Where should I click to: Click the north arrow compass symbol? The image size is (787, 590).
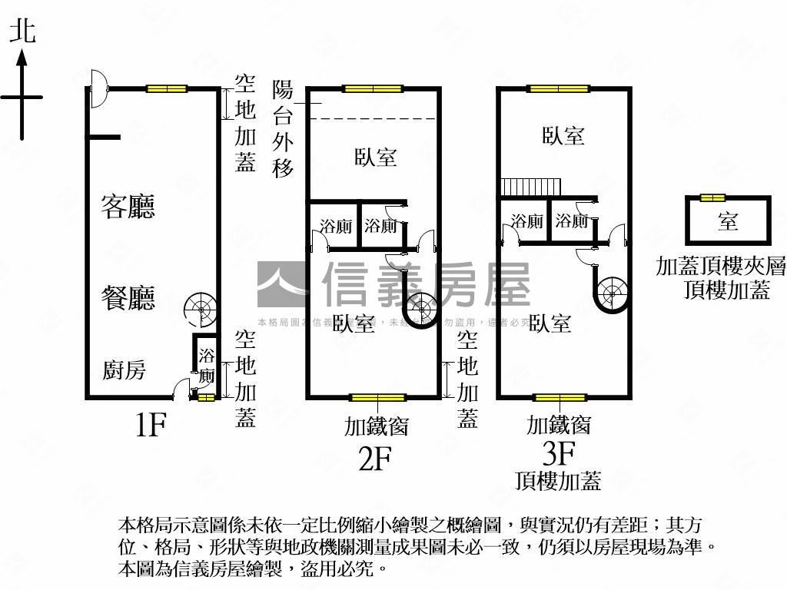[22, 92]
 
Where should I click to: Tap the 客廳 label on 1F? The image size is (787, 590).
[128, 207]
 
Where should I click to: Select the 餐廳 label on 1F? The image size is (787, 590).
[128, 297]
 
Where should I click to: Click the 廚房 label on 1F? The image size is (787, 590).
[125, 371]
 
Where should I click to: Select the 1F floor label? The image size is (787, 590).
[151, 424]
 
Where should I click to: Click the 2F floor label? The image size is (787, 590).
[375, 458]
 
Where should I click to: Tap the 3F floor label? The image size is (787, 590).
[559, 454]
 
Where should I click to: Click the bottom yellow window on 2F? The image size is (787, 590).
[377, 398]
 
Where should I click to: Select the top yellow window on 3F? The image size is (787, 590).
[559, 88]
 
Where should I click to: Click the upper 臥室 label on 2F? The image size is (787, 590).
[376, 157]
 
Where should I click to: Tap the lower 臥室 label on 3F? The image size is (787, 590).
[550, 323]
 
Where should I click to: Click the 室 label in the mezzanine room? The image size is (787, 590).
[727, 222]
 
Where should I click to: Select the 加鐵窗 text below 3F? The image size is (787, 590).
[559, 424]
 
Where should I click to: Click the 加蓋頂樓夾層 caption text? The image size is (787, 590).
[721, 267]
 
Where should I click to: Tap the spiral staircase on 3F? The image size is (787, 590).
[612, 292]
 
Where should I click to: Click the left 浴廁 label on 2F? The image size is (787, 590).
[336, 227]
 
